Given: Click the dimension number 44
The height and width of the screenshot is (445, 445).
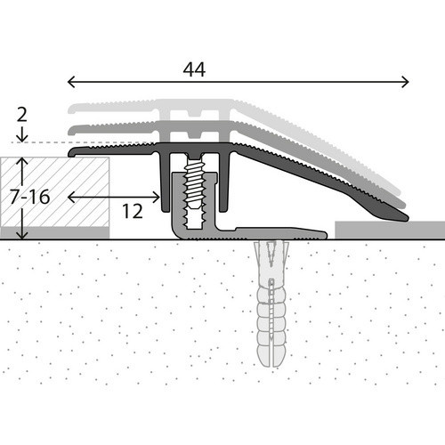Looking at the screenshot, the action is click(194, 70).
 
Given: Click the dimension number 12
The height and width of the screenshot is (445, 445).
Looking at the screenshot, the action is click(133, 212).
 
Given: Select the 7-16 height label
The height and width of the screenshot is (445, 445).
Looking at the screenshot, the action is click(29, 197).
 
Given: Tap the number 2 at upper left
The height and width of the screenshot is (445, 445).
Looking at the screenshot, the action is click(22, 115).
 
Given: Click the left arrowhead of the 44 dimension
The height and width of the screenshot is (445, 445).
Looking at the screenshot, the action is click(71, 82).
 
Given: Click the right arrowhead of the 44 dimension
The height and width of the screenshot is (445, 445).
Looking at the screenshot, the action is click(405, 82).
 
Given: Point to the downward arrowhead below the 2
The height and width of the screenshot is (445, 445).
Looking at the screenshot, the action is click(22, 138).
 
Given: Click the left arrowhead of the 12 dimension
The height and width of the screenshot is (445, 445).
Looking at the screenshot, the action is click(71, 197).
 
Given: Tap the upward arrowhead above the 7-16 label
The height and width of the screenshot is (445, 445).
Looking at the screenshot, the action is click(22, 162).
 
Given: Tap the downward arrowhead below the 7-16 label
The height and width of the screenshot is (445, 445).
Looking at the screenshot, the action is click(22, 235).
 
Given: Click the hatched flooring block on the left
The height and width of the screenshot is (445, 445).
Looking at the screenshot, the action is click(54, 192).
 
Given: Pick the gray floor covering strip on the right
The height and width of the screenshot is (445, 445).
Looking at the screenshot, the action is click(390, 230).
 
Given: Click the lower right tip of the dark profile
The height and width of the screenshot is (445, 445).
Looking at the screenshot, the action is click(406, 219).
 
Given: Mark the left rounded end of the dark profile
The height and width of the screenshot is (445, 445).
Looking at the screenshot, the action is click(70, 153).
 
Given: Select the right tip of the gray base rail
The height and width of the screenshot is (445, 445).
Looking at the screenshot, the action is click(326, 235).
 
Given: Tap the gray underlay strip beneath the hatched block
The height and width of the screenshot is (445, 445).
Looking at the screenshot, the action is click(54, 233).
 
